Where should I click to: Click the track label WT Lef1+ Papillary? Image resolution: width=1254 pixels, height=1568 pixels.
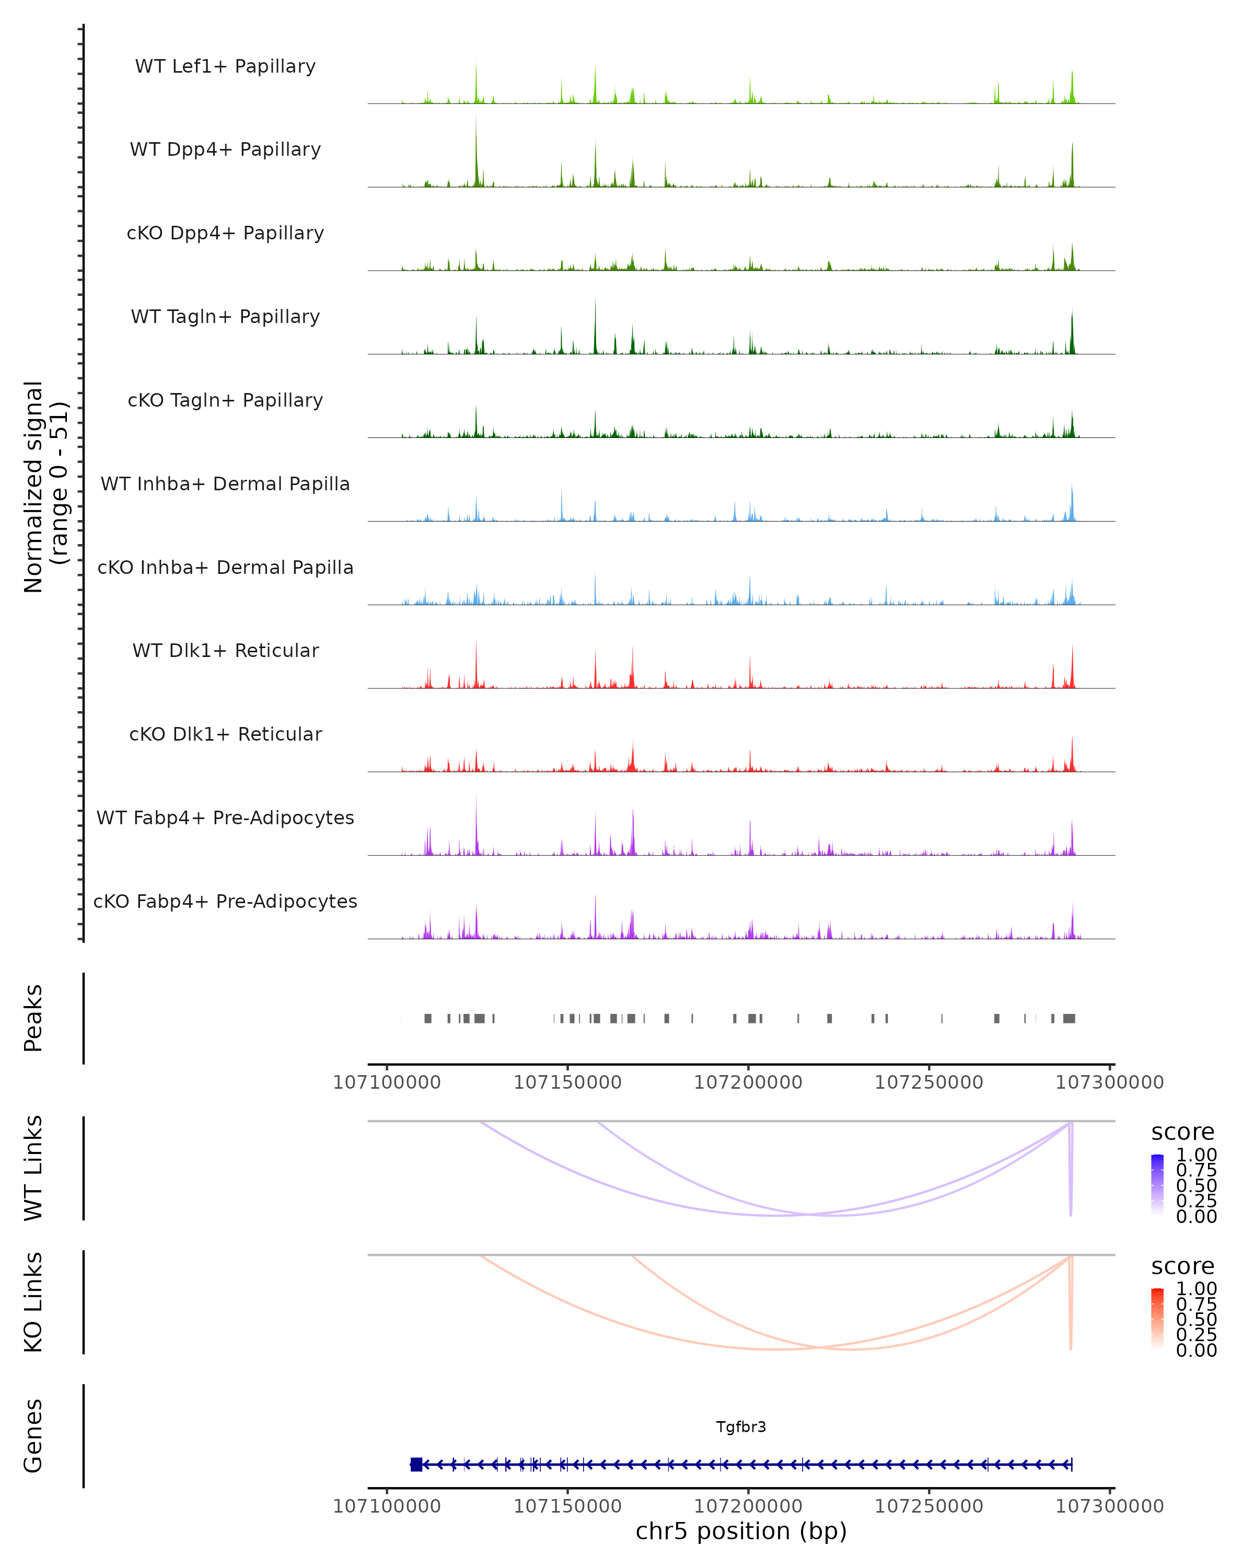pyautogui.click(x=225, y=66)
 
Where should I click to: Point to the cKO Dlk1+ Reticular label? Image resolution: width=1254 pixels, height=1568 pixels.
pyautogui.click(x=225, y=734)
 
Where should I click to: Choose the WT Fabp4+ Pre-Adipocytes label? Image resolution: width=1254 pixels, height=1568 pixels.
pyautogui.click(x=225, y=817)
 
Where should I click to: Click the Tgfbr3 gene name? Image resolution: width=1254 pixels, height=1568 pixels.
pyautogui.click(x=741, y=1427)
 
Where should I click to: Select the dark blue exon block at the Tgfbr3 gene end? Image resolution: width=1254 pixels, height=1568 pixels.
pyautogui.click(x=416, y=1465)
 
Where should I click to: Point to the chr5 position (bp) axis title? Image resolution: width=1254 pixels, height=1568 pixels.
pyautogui.click(x=741, y=1531)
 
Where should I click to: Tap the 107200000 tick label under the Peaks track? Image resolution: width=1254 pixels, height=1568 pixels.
pyautogui.click(x=748, y=1082)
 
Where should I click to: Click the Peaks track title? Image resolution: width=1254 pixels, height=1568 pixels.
pyautogui.click(x=33, y=1018)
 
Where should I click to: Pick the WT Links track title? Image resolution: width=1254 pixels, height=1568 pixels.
pyautogui.click(x=33, y=1168)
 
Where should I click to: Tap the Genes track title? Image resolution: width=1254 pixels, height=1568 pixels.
pyautogui.click(x=33, y=1436)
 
